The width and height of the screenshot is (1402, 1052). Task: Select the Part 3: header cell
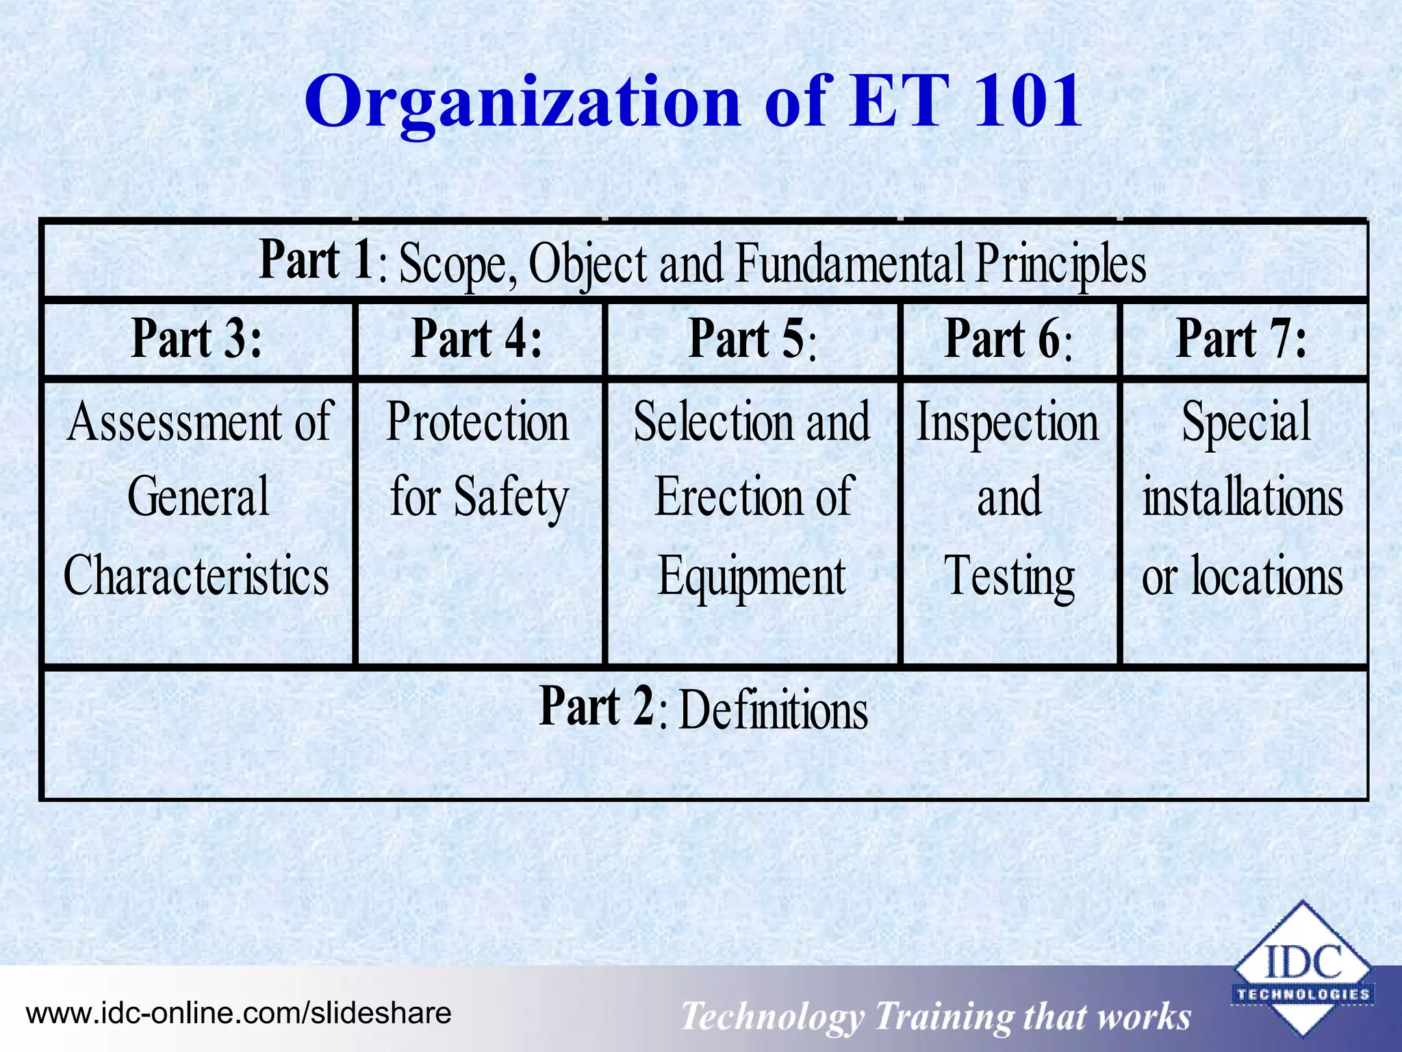click(197, 338)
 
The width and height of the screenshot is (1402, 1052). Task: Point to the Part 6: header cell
click(1008, 338)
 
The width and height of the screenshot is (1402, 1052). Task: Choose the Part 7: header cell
click(1242, 338)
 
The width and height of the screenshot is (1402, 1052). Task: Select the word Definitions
click(774, 710)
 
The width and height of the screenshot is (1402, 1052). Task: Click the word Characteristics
click(196, 575)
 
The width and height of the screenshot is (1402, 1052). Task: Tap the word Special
click(1246, 422)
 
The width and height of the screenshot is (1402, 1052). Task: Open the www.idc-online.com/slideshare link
click(238, 1013)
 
